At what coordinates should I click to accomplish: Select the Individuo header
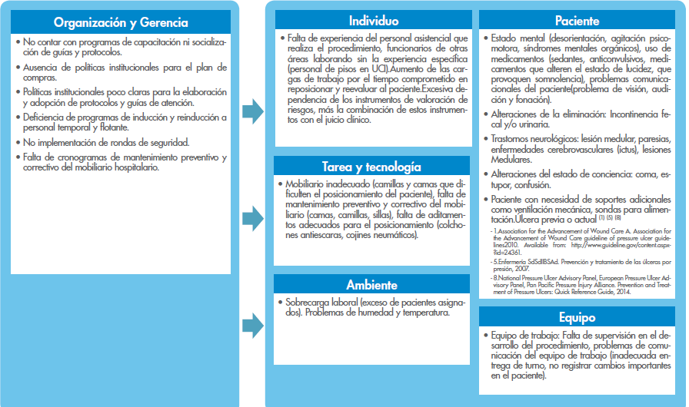[x=373, y=21]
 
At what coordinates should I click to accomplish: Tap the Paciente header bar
[x=577, y=21]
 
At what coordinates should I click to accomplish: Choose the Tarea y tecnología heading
[x=373, y=167]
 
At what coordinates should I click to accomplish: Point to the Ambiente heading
[x=373, y=286]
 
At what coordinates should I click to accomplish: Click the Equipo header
[x=577, y=317]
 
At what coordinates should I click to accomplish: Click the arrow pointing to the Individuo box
[x=252, y=111]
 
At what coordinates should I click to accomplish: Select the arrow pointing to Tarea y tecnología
[x=252, y=217]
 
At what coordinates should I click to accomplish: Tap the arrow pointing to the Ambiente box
[x=252, y=325]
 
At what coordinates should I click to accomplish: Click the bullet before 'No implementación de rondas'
[x=17, y=143]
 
